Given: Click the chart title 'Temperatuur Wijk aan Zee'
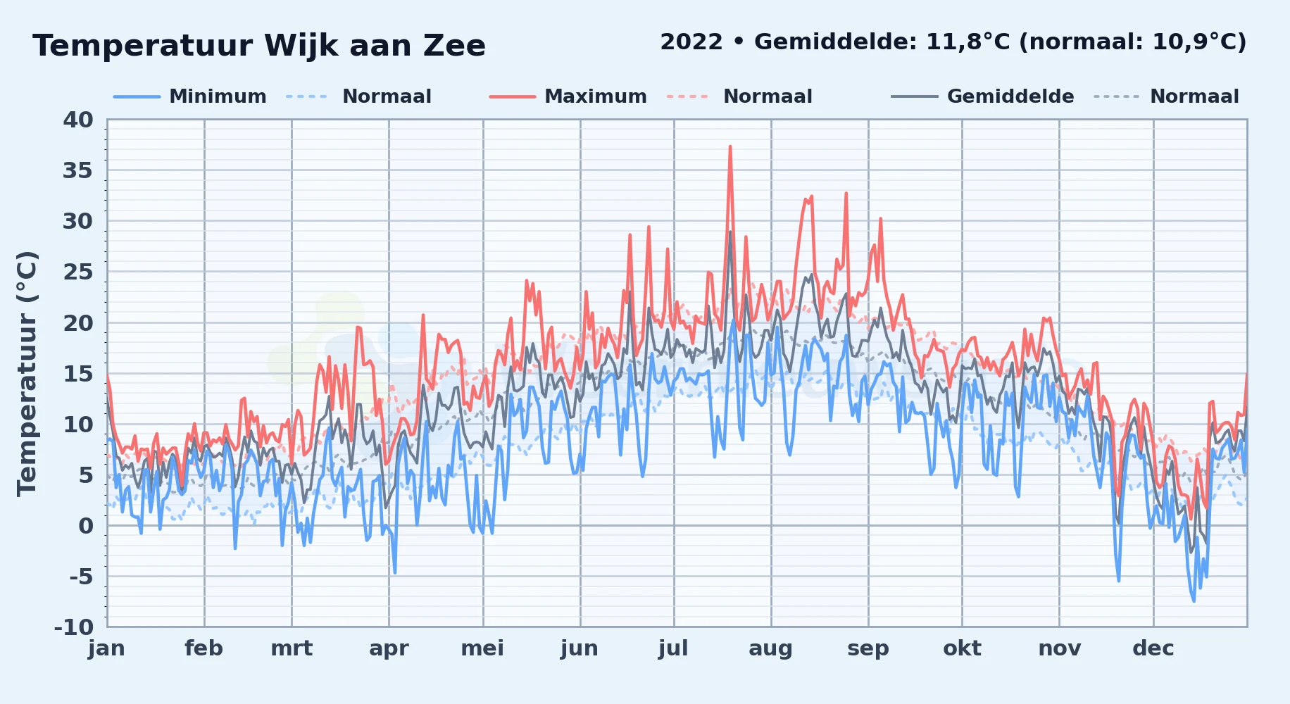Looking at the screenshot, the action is coord(259,46).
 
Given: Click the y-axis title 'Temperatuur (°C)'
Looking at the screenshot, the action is coord(27,373).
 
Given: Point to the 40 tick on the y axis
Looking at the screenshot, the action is coord(78,120).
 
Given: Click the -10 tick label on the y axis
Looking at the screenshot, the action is coord(74,627).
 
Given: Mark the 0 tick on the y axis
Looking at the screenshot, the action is coord(86,525).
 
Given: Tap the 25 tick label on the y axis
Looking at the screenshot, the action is coord(78,272).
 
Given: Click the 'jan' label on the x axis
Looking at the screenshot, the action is coord(107,648).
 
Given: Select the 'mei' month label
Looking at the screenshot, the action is coord(482,648).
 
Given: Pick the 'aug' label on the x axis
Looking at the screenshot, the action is coord(770,648).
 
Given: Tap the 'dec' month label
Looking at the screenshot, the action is coord(1153,648).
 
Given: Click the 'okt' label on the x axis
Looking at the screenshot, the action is coord(962,648).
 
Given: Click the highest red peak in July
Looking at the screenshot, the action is coord(730,146).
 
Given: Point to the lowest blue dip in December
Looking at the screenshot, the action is coord(1194,601).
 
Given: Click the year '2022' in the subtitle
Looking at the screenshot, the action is coord(691,42).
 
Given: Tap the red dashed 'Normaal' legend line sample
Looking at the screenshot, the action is coord(687,96).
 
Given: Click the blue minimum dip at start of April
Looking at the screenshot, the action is coord(394,572).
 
